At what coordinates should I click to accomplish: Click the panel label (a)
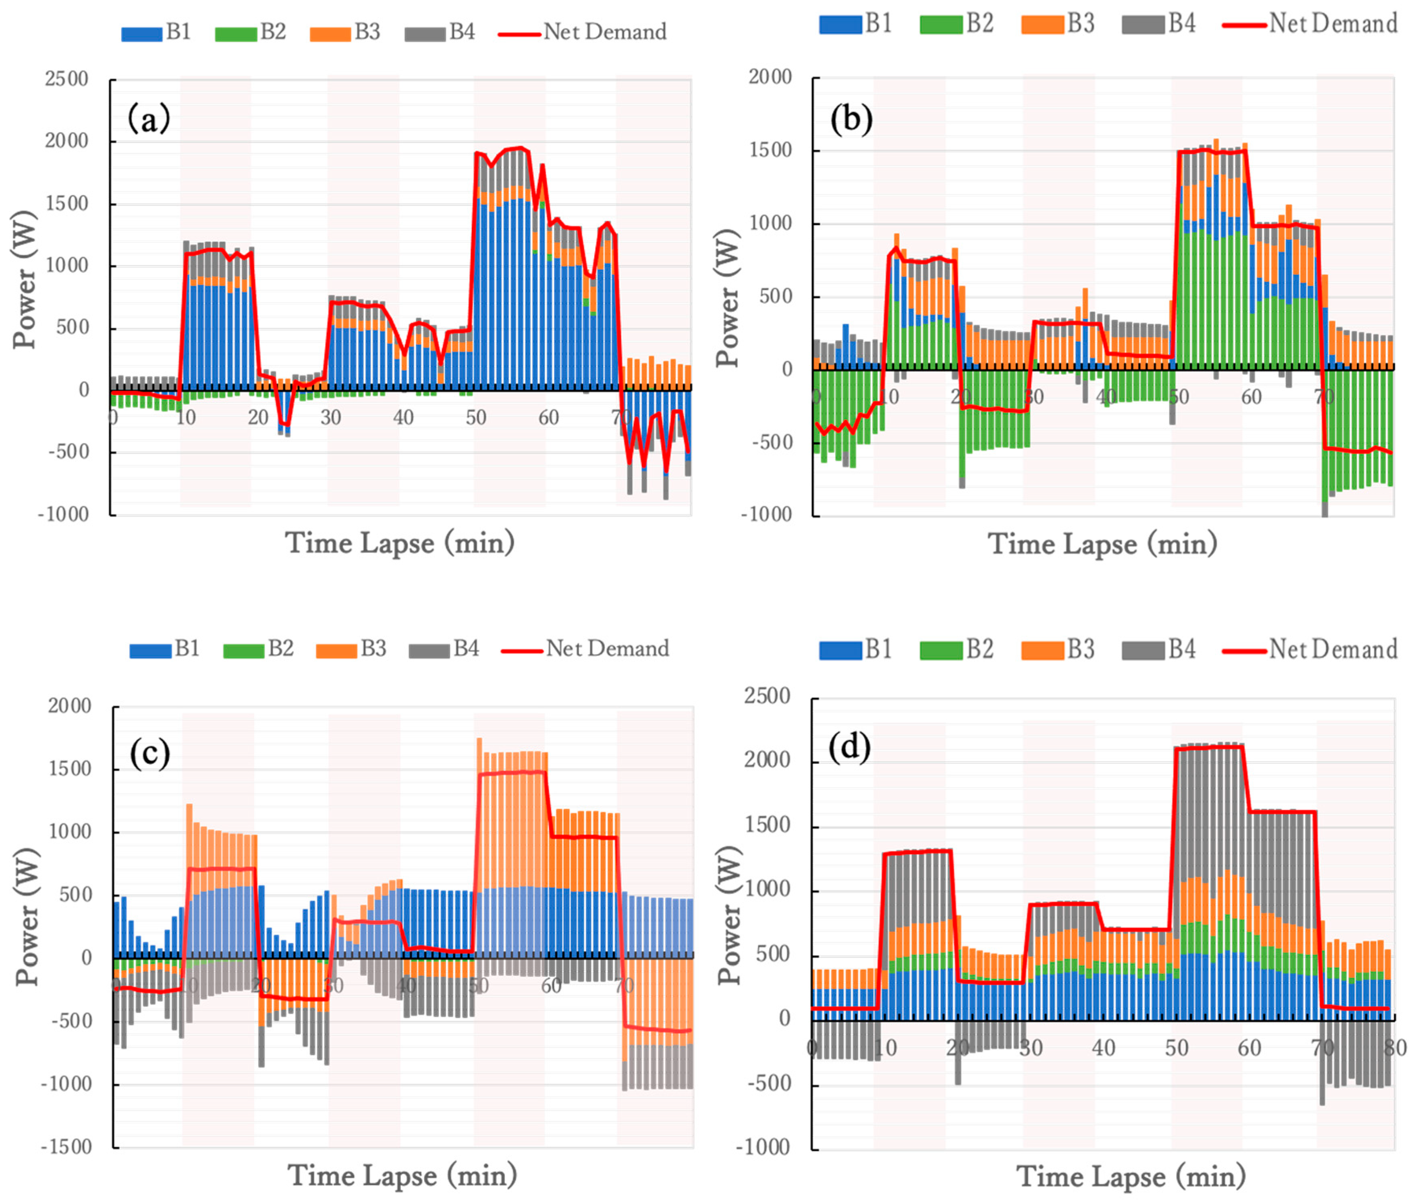point(149,119)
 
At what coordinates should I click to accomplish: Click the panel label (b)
point(851,119)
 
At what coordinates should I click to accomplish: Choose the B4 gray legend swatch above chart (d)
point(1143,650)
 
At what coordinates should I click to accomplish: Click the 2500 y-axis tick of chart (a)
point(67,79)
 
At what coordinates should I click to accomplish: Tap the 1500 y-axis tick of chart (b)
point(770,150)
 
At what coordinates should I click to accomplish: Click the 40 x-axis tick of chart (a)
point(403,417)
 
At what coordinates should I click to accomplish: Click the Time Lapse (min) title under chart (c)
point(402,1175)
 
